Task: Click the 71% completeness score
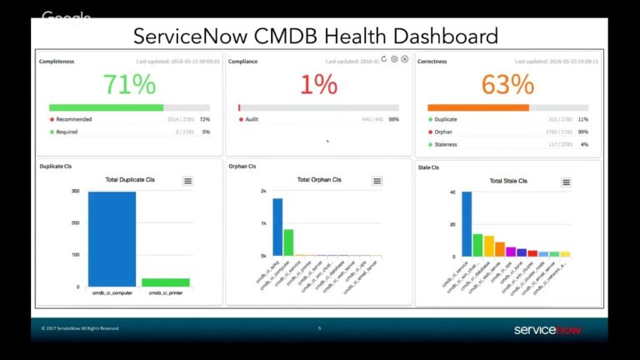coord(129,84)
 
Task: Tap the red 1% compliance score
coord(318,84)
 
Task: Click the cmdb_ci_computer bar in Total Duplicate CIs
coord(112,239)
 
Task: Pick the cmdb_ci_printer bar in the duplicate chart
coord(165,282)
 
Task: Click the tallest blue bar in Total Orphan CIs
coord(277,227)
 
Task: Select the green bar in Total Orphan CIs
coord(288,242)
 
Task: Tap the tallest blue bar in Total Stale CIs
coord(467,224)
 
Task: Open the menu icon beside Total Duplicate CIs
coord(188,181)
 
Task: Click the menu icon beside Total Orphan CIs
coord(377,181)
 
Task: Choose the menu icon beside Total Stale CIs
coord(567,182)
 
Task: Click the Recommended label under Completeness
coord(74,119)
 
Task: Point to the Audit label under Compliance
coord(252,119)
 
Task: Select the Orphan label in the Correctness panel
coord(443,132)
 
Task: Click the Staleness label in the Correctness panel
coord(446,144)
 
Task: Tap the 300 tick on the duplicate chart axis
coord(75,191)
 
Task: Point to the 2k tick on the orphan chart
coord(263,191)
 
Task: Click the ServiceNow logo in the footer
coord(547,329)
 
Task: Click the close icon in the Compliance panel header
coord(405,59)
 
